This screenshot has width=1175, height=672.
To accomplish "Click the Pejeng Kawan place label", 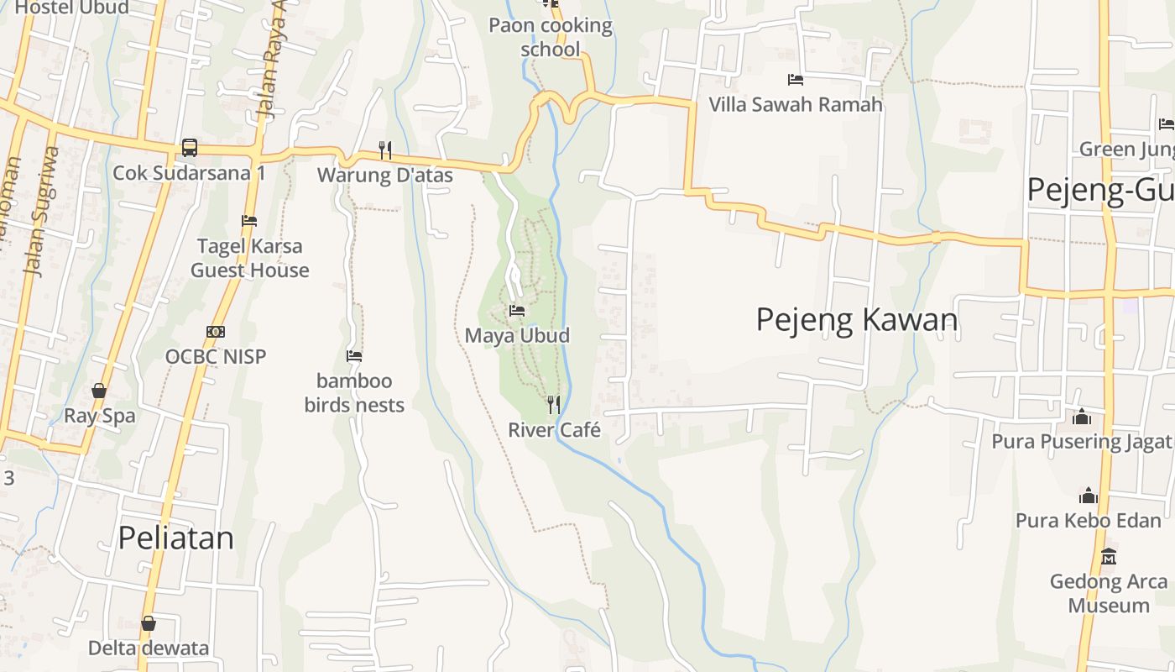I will coord(857,320).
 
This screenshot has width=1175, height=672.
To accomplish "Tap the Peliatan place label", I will coord(175,538).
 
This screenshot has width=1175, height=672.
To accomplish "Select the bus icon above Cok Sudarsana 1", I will coord(190,148).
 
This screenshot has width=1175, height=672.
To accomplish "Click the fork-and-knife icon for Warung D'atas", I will coord(385,150).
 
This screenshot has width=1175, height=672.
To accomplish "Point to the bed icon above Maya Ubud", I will coord(517,311).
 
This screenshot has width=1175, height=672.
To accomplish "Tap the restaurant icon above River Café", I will coord(553,405).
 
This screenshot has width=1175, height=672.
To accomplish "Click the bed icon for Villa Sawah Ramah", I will coord(796,80).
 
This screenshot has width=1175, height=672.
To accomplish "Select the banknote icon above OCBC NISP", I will coord(216,332).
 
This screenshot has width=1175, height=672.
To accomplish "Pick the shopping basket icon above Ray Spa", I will coord(99,391).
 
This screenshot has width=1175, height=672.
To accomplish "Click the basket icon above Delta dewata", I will coord(149,623).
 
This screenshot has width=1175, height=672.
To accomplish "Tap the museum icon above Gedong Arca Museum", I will coord(1109,556).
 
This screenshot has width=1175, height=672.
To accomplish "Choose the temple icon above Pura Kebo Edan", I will coord(1089,496).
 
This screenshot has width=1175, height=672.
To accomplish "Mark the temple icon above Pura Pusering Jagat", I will coord(1082,417).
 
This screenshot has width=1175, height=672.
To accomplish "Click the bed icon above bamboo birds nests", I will coord(354,356).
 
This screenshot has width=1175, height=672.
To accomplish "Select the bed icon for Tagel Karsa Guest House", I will coord(249,222).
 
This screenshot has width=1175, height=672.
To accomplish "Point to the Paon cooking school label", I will coord(551,37).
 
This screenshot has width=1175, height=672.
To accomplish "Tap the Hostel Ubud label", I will coord(72,8).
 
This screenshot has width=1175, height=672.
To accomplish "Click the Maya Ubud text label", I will coord(517,336).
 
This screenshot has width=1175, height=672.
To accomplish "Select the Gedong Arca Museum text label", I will coord(1108,593).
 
